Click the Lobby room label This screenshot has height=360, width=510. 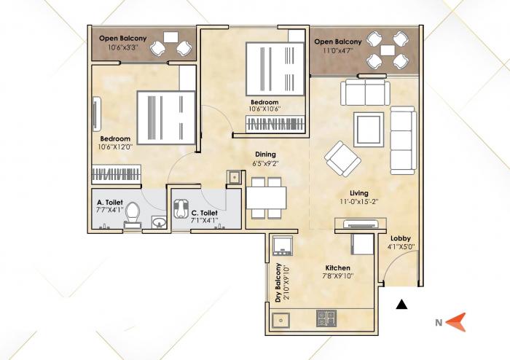point(401,239)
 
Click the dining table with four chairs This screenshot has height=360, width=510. point(266,197)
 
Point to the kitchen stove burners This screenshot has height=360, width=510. point(324,318)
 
